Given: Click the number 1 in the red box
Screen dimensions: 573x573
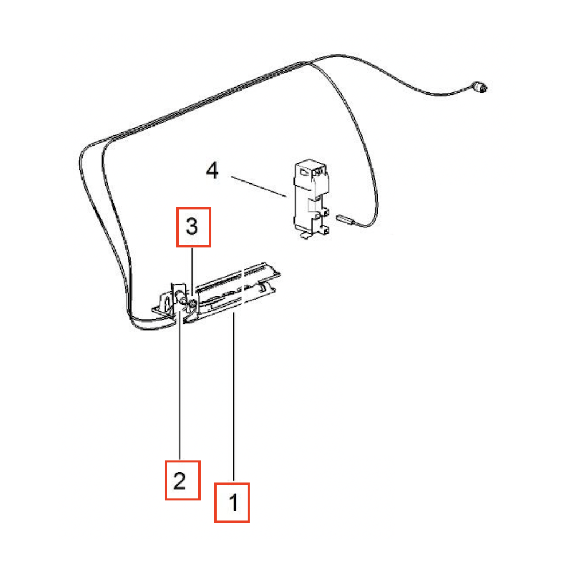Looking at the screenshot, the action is (x=233, y=503).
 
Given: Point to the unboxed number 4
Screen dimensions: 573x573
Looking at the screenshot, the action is (x=213, y=170).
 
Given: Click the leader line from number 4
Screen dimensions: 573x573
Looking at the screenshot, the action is (x=259, y=187).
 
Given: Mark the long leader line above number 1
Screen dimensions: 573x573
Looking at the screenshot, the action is (x=234, y=396).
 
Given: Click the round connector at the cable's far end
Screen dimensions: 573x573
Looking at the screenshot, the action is (x=479, y=87).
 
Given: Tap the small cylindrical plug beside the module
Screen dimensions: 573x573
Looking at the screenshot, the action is (x=344, y=219).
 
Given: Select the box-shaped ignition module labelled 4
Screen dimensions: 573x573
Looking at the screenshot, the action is (x=311, y=198).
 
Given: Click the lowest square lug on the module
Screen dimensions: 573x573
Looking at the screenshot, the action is (x=325, y=230).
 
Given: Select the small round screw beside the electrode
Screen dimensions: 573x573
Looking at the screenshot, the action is (x=192, y=302).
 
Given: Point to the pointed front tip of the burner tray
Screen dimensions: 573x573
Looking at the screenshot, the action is (x=185, y=321).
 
